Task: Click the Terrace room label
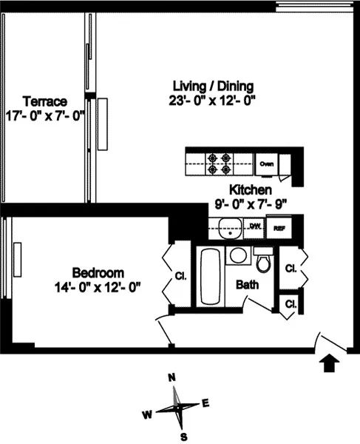(45, 101)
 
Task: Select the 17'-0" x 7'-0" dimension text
(45, 115)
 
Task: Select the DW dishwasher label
(254, 227)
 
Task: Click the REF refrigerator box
(279, 228)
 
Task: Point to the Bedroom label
(98, 272)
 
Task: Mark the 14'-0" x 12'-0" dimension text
(98, 286)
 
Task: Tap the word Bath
(247, 285)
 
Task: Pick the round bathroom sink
(238, 256)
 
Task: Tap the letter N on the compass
(172, 377)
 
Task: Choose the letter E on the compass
(206, 403)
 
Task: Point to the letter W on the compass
(148, 414)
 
